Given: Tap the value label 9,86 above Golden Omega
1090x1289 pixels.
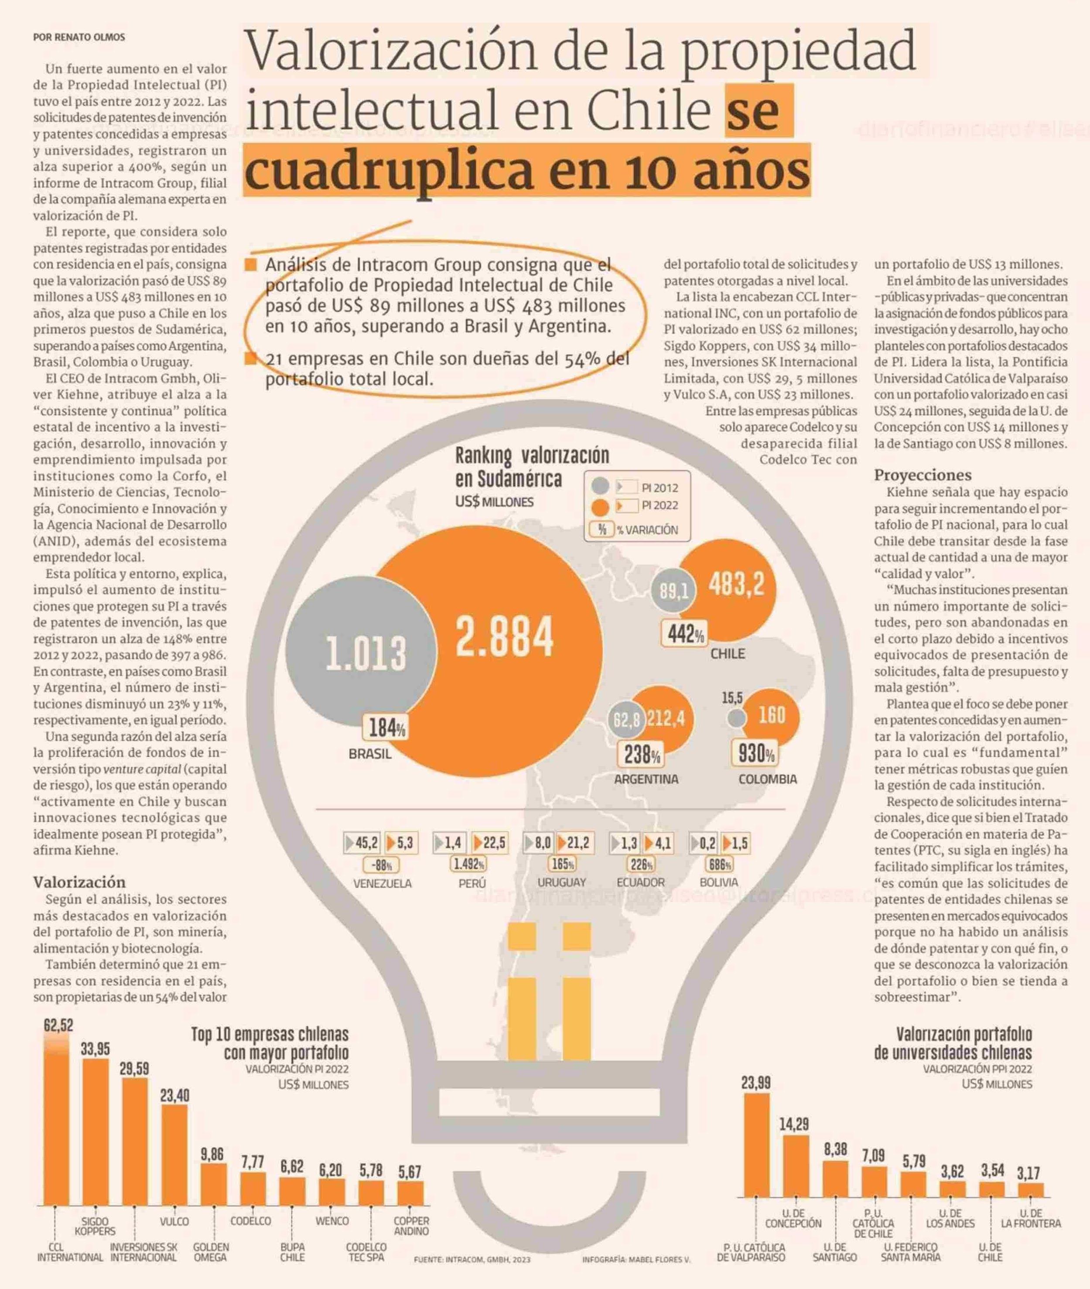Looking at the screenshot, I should [x=212, y=1154].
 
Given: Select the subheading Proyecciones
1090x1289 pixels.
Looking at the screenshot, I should [x=922, y=475].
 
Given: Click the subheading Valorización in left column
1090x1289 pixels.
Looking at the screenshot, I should [x=79, y=882].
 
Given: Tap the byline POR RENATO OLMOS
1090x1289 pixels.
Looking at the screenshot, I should [x=79, y=37].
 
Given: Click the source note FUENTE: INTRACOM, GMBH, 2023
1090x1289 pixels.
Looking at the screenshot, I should [x=472, y=1259].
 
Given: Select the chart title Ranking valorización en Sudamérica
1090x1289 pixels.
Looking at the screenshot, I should [x=531, y=467].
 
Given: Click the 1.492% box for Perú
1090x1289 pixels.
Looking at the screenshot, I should [x=469, y=864].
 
